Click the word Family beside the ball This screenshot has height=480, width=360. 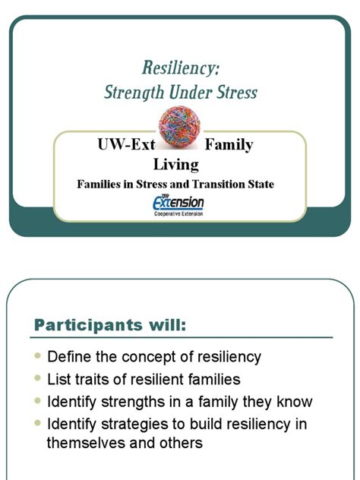[x=229, y=144]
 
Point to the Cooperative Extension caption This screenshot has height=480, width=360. [x=178, y=214]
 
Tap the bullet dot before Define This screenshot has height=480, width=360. [x=38, y=357]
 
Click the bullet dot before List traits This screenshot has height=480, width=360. [x=38, y=380]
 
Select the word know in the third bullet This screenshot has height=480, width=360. [x=295, y=402]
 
